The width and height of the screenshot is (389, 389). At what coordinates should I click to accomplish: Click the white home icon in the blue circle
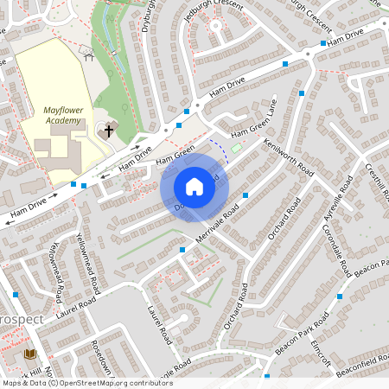pyautogui.click(x=194, y=186)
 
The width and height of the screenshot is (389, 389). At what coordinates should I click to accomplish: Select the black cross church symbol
pyautogui.click(x=109, y=131)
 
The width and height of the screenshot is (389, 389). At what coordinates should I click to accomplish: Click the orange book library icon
pyautogui.click(x=30, y=354)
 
